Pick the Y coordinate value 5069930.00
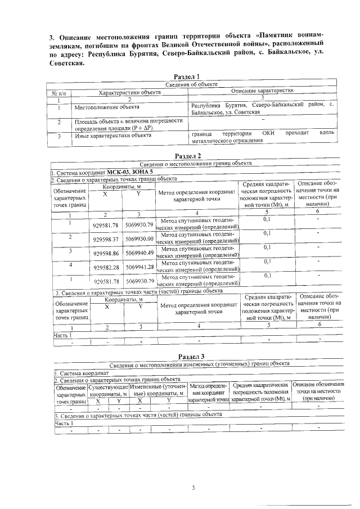(x=139, y=239)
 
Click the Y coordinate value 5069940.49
(x=139, y=253)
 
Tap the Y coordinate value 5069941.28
(x=139, y=266)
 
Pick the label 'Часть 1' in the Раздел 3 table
(x=64, y=423)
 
